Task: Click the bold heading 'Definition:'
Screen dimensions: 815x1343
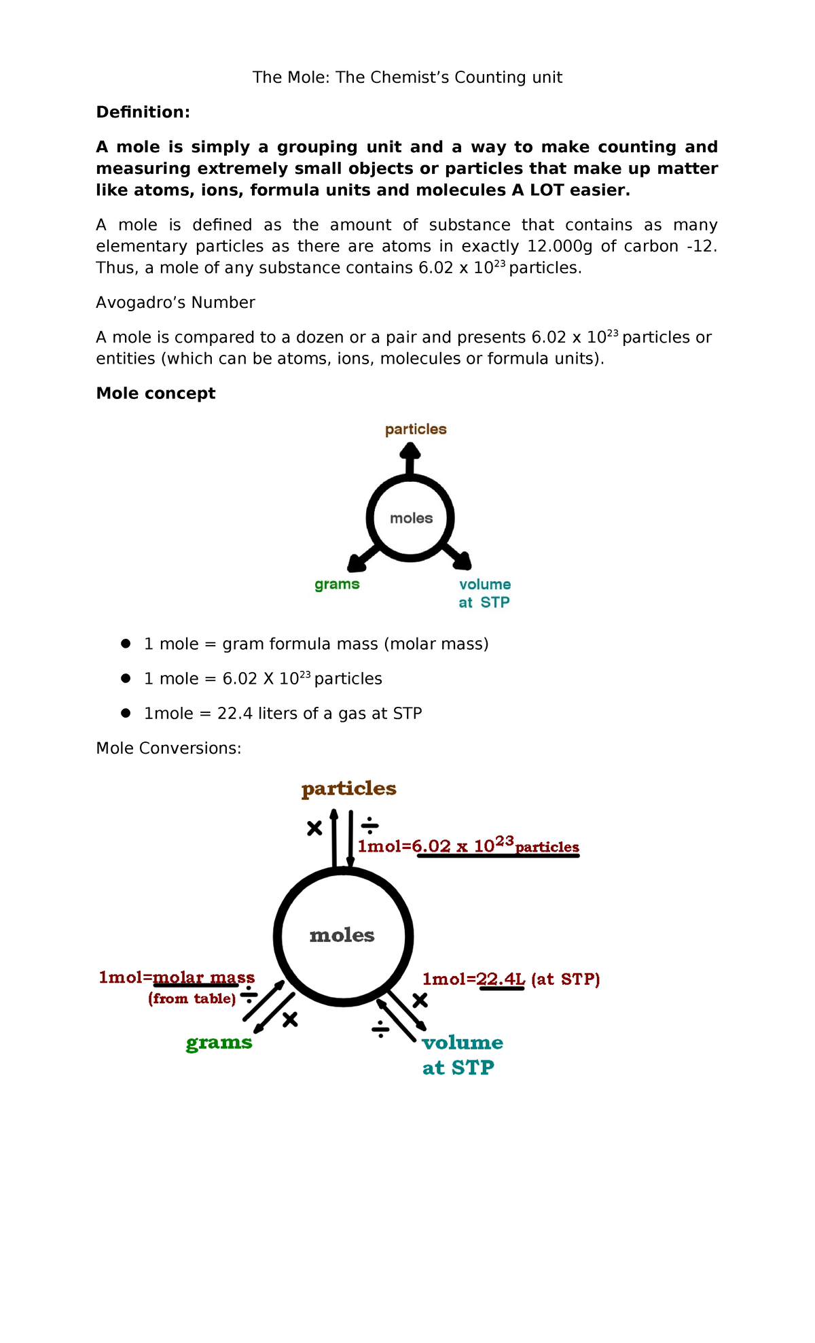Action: point(143,112)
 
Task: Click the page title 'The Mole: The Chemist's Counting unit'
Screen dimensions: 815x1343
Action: point(407,77)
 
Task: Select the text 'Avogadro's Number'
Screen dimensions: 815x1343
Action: point(175,302)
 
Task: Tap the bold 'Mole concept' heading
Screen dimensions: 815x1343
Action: point(156,394)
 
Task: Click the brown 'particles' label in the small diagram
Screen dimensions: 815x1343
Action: point(416,430)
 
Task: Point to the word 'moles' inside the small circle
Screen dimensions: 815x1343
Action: point(411,519)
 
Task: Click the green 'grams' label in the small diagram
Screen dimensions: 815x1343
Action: point(337,585)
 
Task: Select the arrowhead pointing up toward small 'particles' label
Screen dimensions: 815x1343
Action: point(410,451)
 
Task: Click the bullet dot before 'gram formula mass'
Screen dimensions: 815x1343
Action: point(126,644)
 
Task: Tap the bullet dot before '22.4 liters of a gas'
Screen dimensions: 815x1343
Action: point(126,713)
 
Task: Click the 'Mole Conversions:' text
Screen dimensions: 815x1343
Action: point(168,748)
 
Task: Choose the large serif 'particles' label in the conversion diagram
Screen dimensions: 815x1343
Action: point(348,788)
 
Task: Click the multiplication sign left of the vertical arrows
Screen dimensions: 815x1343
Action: point(314,829)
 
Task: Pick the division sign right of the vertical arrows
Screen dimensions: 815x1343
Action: point(369,826)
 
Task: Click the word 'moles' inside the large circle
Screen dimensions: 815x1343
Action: point(342,936)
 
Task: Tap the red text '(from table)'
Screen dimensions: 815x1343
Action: point(192,998)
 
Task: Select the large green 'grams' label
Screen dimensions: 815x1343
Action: point(219,1043)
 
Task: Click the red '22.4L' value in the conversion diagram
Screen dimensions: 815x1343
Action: point(501,979)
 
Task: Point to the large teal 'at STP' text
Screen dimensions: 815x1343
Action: point(458,1068)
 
